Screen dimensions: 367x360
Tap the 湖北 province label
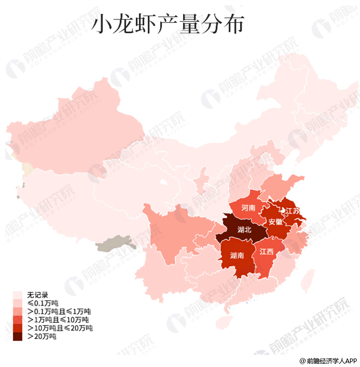(x=244, y=230)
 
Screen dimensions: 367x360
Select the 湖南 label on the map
(x=237, y=255)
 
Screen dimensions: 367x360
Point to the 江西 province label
(x=266, y=251)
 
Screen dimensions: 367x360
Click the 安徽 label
(x=275, y=222)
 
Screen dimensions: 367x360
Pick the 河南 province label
(x=248, y=208)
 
